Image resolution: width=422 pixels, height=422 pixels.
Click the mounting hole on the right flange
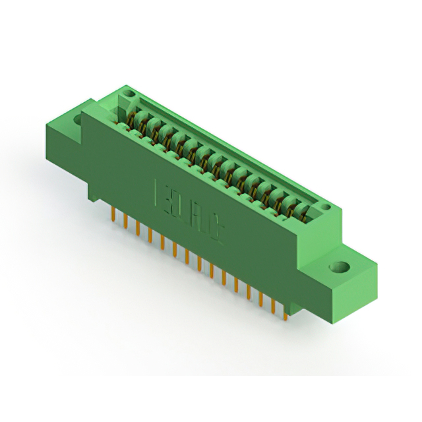point(340,268)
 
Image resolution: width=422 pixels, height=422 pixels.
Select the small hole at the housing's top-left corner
point(129,96)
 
